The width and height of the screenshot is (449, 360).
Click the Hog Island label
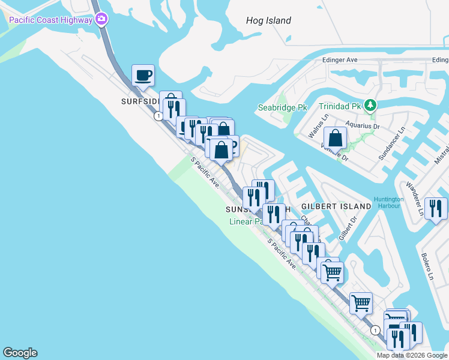click(x=268, y=20)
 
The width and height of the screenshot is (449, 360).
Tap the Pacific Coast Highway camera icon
click(x=101, y=20)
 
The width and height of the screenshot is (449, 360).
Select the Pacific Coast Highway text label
click(x=50, y=20)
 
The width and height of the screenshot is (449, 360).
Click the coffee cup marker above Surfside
click(x=143, y=76)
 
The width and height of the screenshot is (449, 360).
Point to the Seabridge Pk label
click(x=282, y=107)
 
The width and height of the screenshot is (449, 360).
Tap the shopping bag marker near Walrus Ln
click(x=335, y=139)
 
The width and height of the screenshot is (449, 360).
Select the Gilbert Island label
click(x=336, y=206)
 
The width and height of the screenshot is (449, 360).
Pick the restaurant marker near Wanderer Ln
click(x=436, y=209)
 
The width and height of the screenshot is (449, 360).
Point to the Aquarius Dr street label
click(x=363, y=127)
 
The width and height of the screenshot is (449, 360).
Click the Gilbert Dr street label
click(x=343, y=229)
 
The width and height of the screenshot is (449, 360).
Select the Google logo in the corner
click(x=20, y=353)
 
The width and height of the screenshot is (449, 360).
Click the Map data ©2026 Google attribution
click(x=412, y=355)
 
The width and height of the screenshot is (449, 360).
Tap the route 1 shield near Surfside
click(x=157, y=116)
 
